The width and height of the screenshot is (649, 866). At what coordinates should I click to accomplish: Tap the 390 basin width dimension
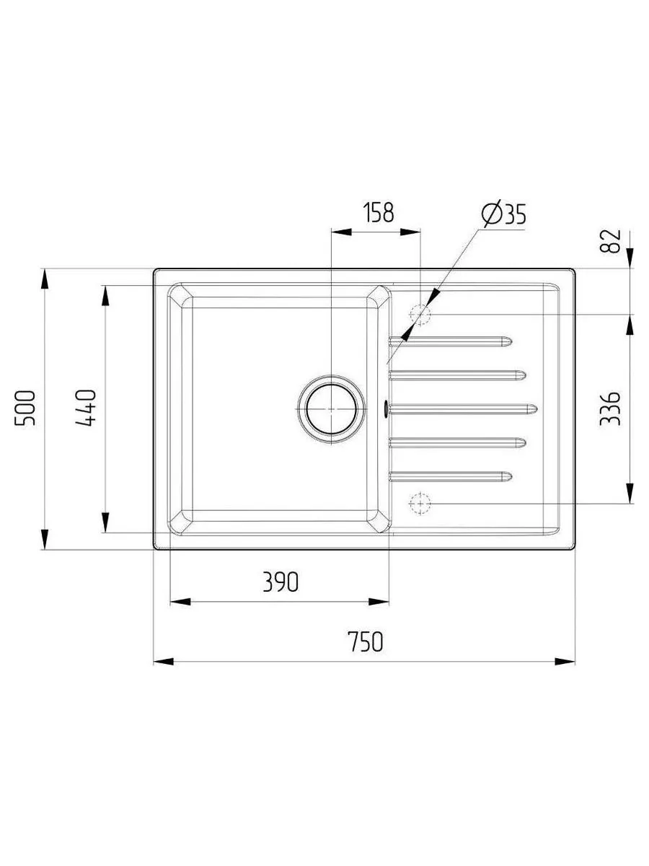(x=281, y=582)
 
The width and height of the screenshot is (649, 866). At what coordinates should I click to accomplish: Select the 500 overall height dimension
(x=25, y=408)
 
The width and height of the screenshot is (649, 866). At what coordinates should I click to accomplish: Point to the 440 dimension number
(x=85, y=408)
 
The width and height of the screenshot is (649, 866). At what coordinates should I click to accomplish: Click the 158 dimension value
(x=377, y=213)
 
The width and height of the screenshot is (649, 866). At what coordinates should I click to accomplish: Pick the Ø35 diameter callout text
(x=503, y=214)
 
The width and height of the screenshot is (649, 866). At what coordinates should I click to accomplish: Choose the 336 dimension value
(x=609, y=408)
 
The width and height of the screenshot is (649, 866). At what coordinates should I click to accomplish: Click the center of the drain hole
(x=331, y=409)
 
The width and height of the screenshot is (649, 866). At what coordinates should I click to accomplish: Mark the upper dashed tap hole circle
(x=420, y=315)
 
